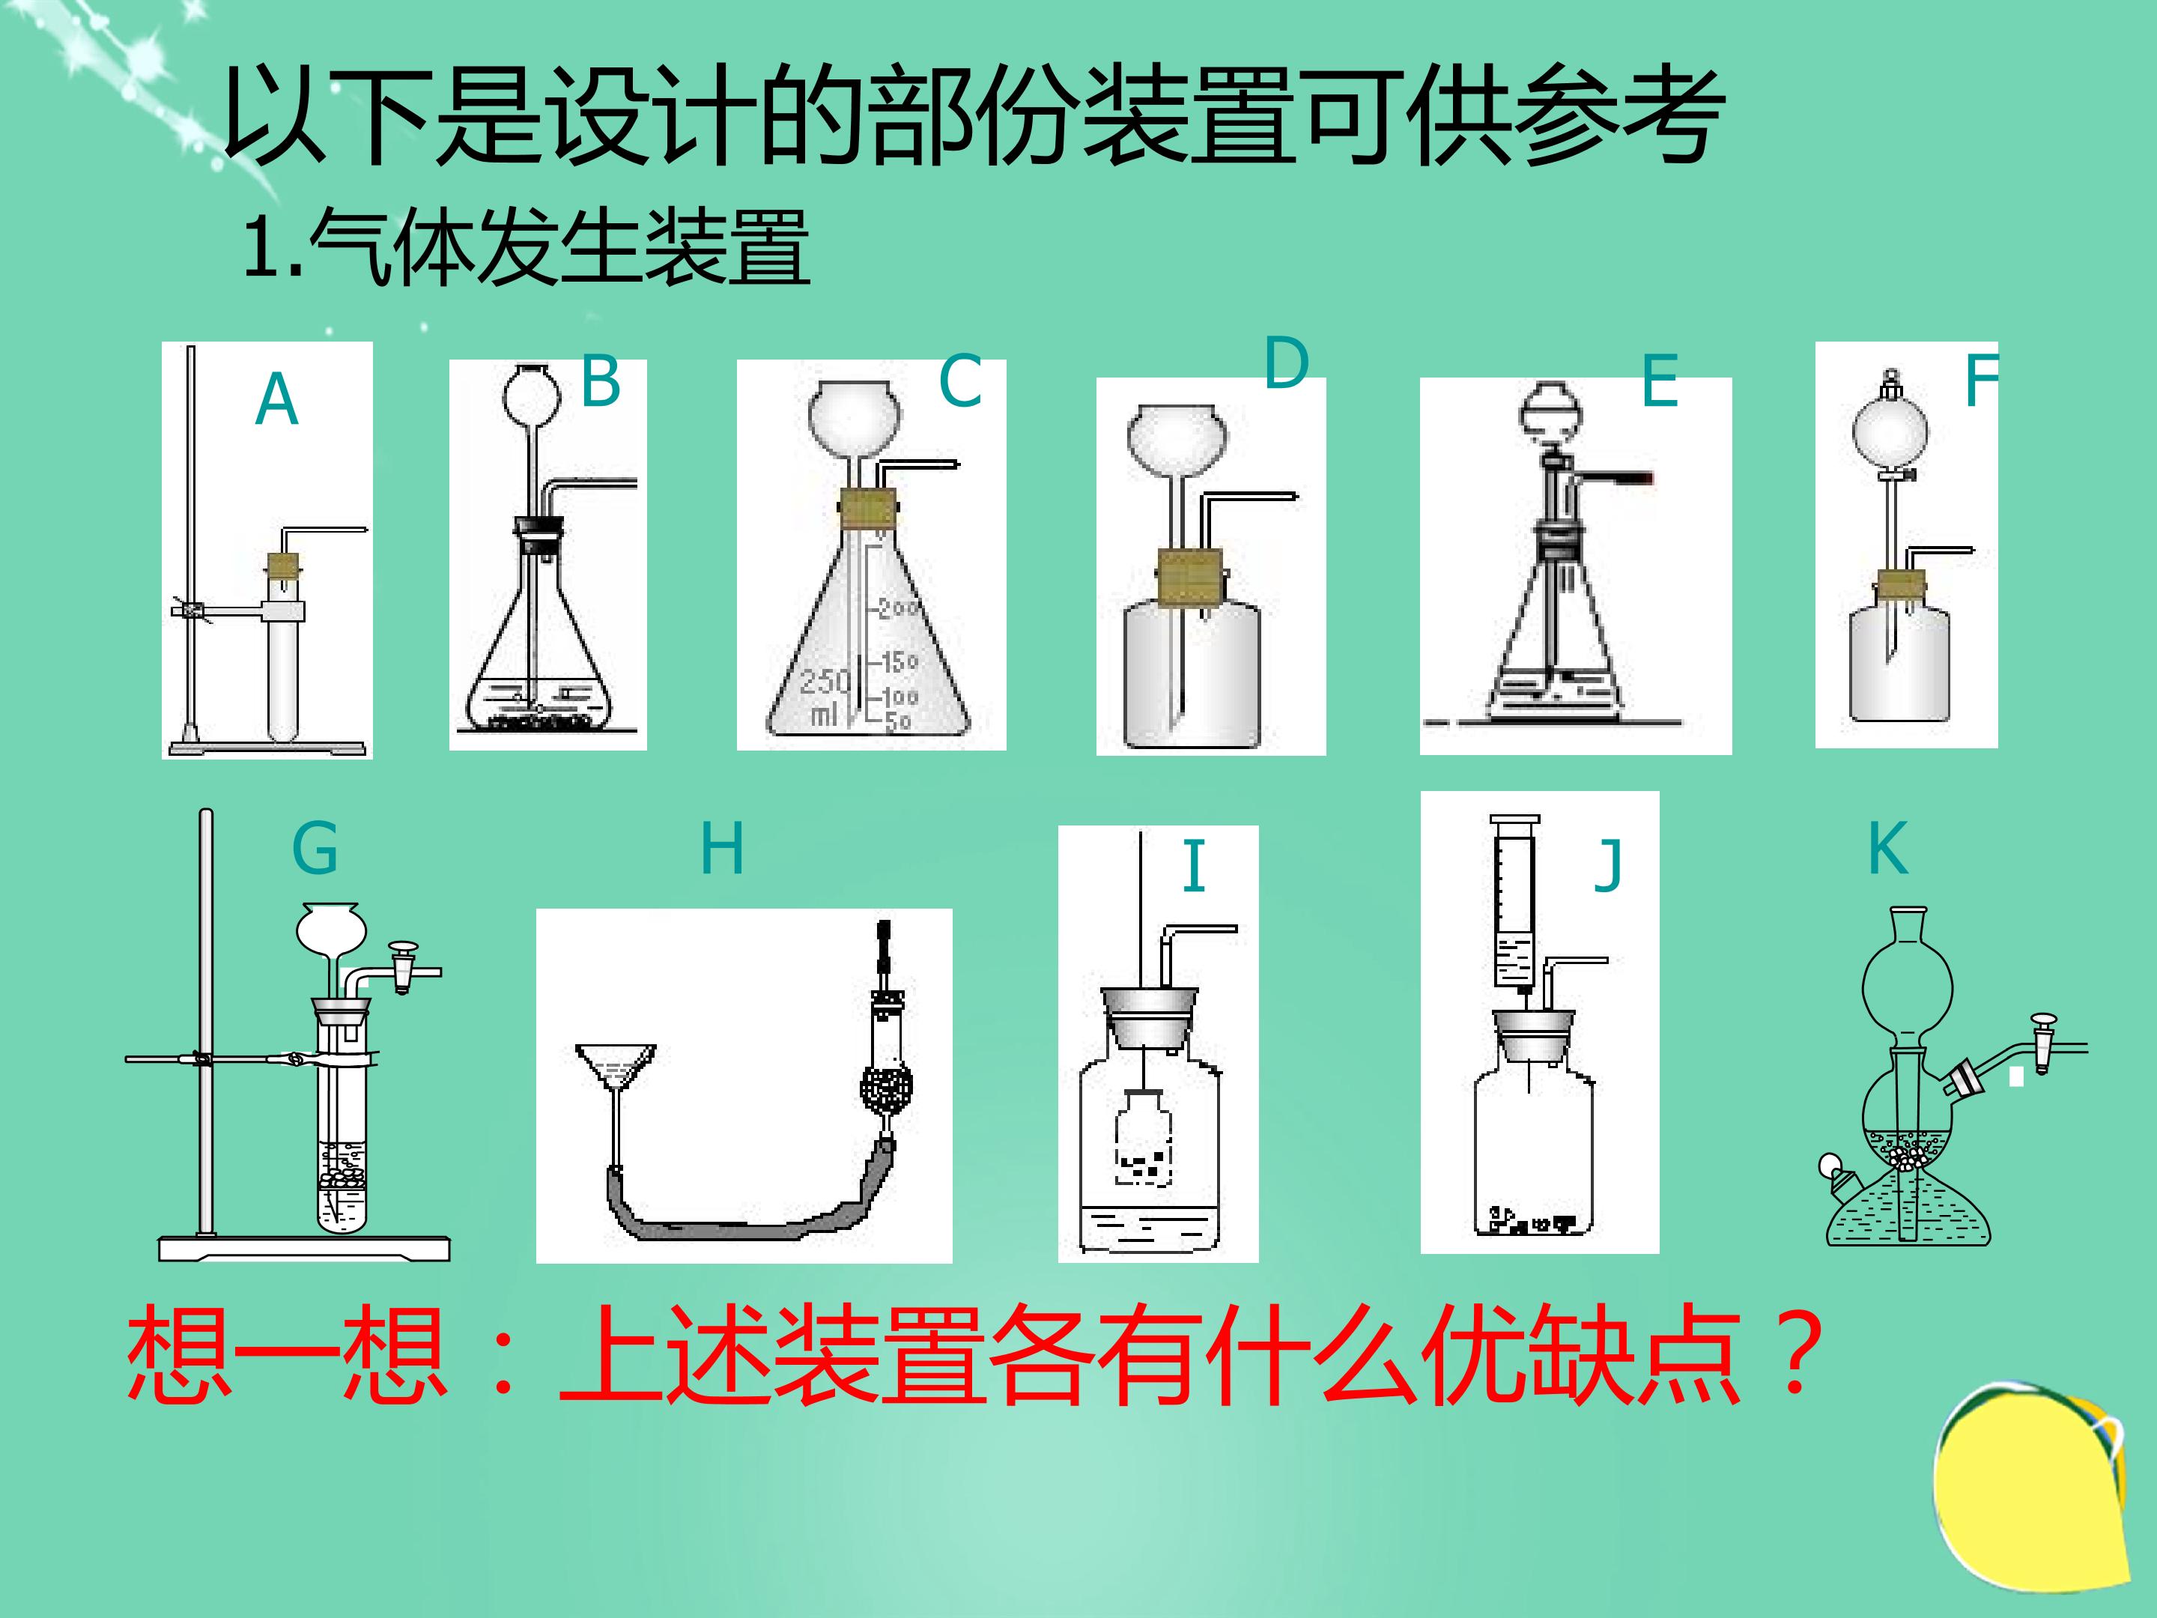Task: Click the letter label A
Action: coord(277,400)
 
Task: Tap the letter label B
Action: coord(601,381)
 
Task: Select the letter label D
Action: coord(1286,364)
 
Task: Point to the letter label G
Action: coord(315,847)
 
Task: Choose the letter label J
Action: coord(1608,865)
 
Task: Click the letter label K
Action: coord(1888,847)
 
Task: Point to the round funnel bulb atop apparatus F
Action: coord(1889,430)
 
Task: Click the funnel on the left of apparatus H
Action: coord(616,1069)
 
